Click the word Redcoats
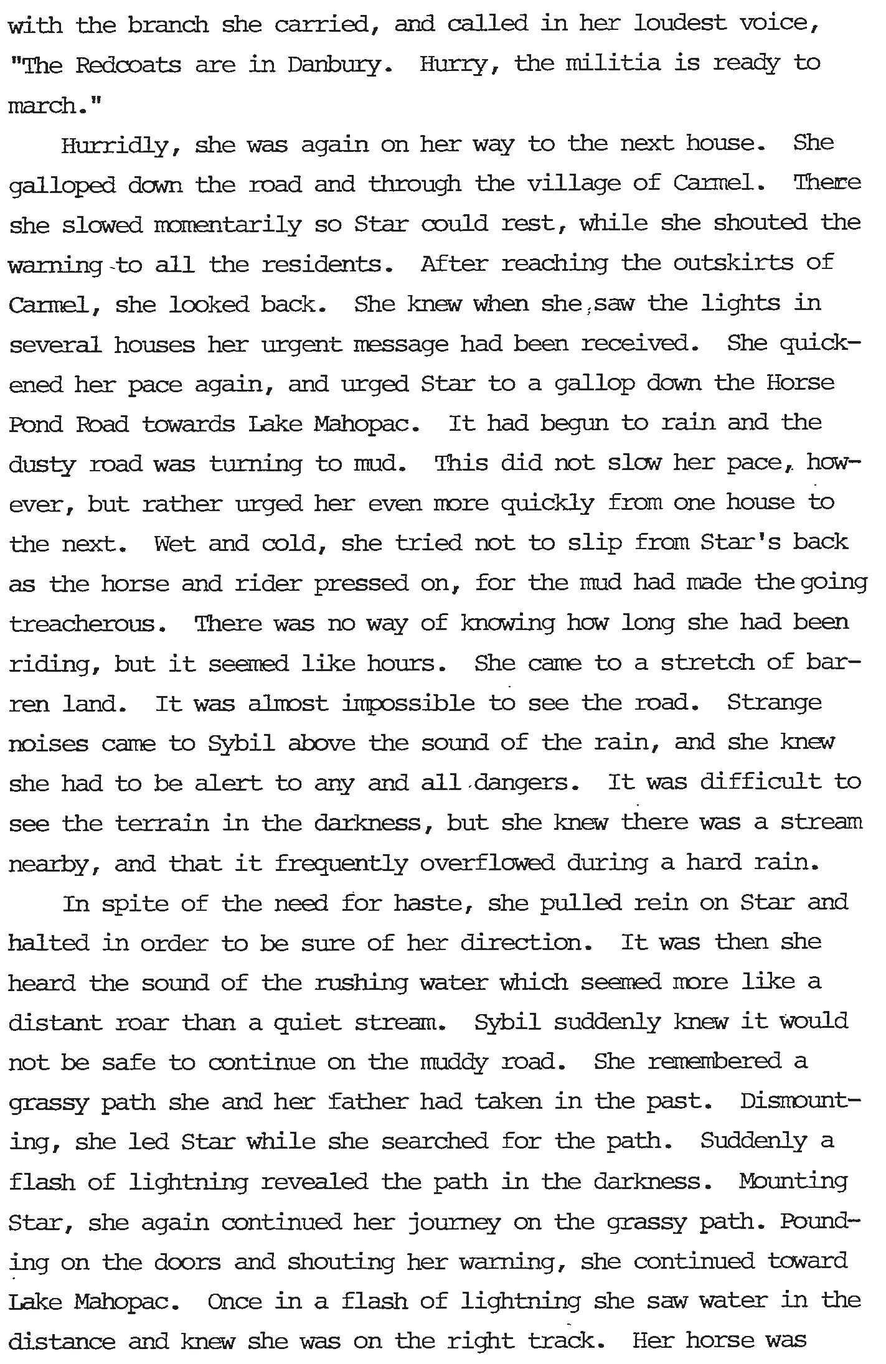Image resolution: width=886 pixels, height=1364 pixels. pyautogui.click(x=128, y=65)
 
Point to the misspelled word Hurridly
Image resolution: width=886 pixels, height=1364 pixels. pyautogui.click(x=115, y=146)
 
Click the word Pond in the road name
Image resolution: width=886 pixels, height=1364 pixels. pyautogui.click(x=36, y=425)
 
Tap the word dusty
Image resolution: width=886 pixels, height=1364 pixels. pyautogui.click(x=42, y=466)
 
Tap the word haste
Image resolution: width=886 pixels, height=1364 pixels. pyautogui.click(x=428, y=903)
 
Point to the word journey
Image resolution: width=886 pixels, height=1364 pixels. pyautogui.click(x=455, y=1223)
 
